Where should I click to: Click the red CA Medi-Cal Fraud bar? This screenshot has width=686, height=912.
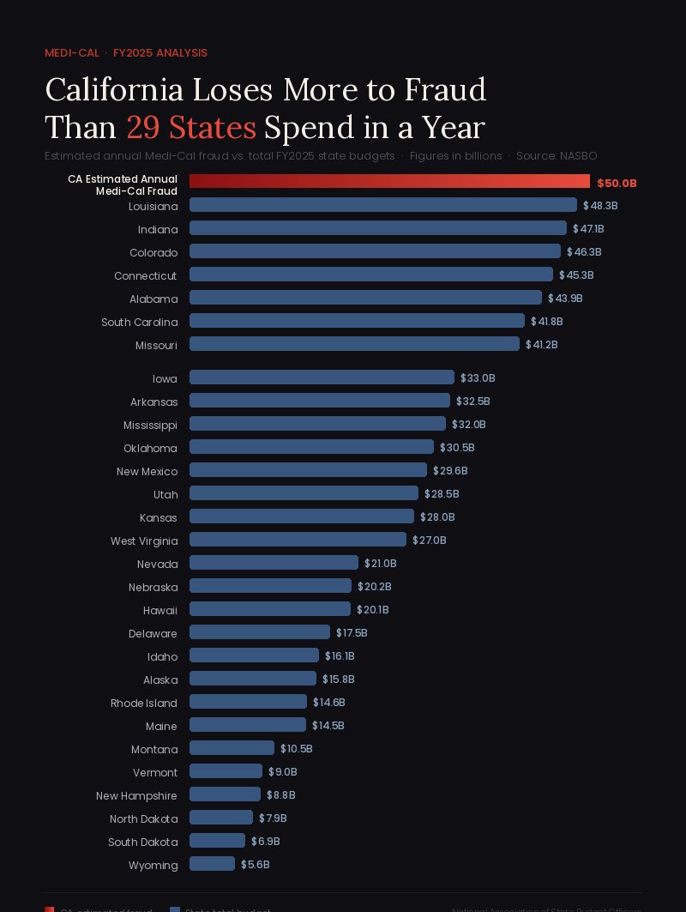coord(389,181)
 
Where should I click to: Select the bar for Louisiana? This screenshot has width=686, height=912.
coord(383,205)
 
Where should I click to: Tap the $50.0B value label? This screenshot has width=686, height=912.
coord(617,183)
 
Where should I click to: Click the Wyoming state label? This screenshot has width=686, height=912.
coord(153,865)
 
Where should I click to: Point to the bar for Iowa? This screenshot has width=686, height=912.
coord(322,377)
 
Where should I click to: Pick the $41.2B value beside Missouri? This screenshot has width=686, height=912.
coord(542,344)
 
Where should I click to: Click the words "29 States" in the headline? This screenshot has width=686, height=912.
coord(191,127)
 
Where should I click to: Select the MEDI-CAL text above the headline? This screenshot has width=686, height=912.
coord(72,53)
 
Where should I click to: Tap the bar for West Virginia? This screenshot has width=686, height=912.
coord(298,540)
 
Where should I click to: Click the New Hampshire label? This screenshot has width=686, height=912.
coord(136,795)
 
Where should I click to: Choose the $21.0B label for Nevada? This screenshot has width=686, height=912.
coord(380,563)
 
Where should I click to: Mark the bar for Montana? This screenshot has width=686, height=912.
coord(232,748)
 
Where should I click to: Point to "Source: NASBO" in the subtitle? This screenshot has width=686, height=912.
coord(557,156)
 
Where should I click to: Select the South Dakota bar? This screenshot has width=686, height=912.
coord(217,841)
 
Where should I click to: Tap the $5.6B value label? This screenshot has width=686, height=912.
coord(255,864)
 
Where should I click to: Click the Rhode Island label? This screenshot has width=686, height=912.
coord(144,703)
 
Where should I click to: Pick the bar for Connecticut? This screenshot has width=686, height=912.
coord(371,275)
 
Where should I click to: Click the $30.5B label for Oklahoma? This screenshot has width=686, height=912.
coord(457,447)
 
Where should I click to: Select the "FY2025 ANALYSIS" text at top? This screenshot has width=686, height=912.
coord(160,53)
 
